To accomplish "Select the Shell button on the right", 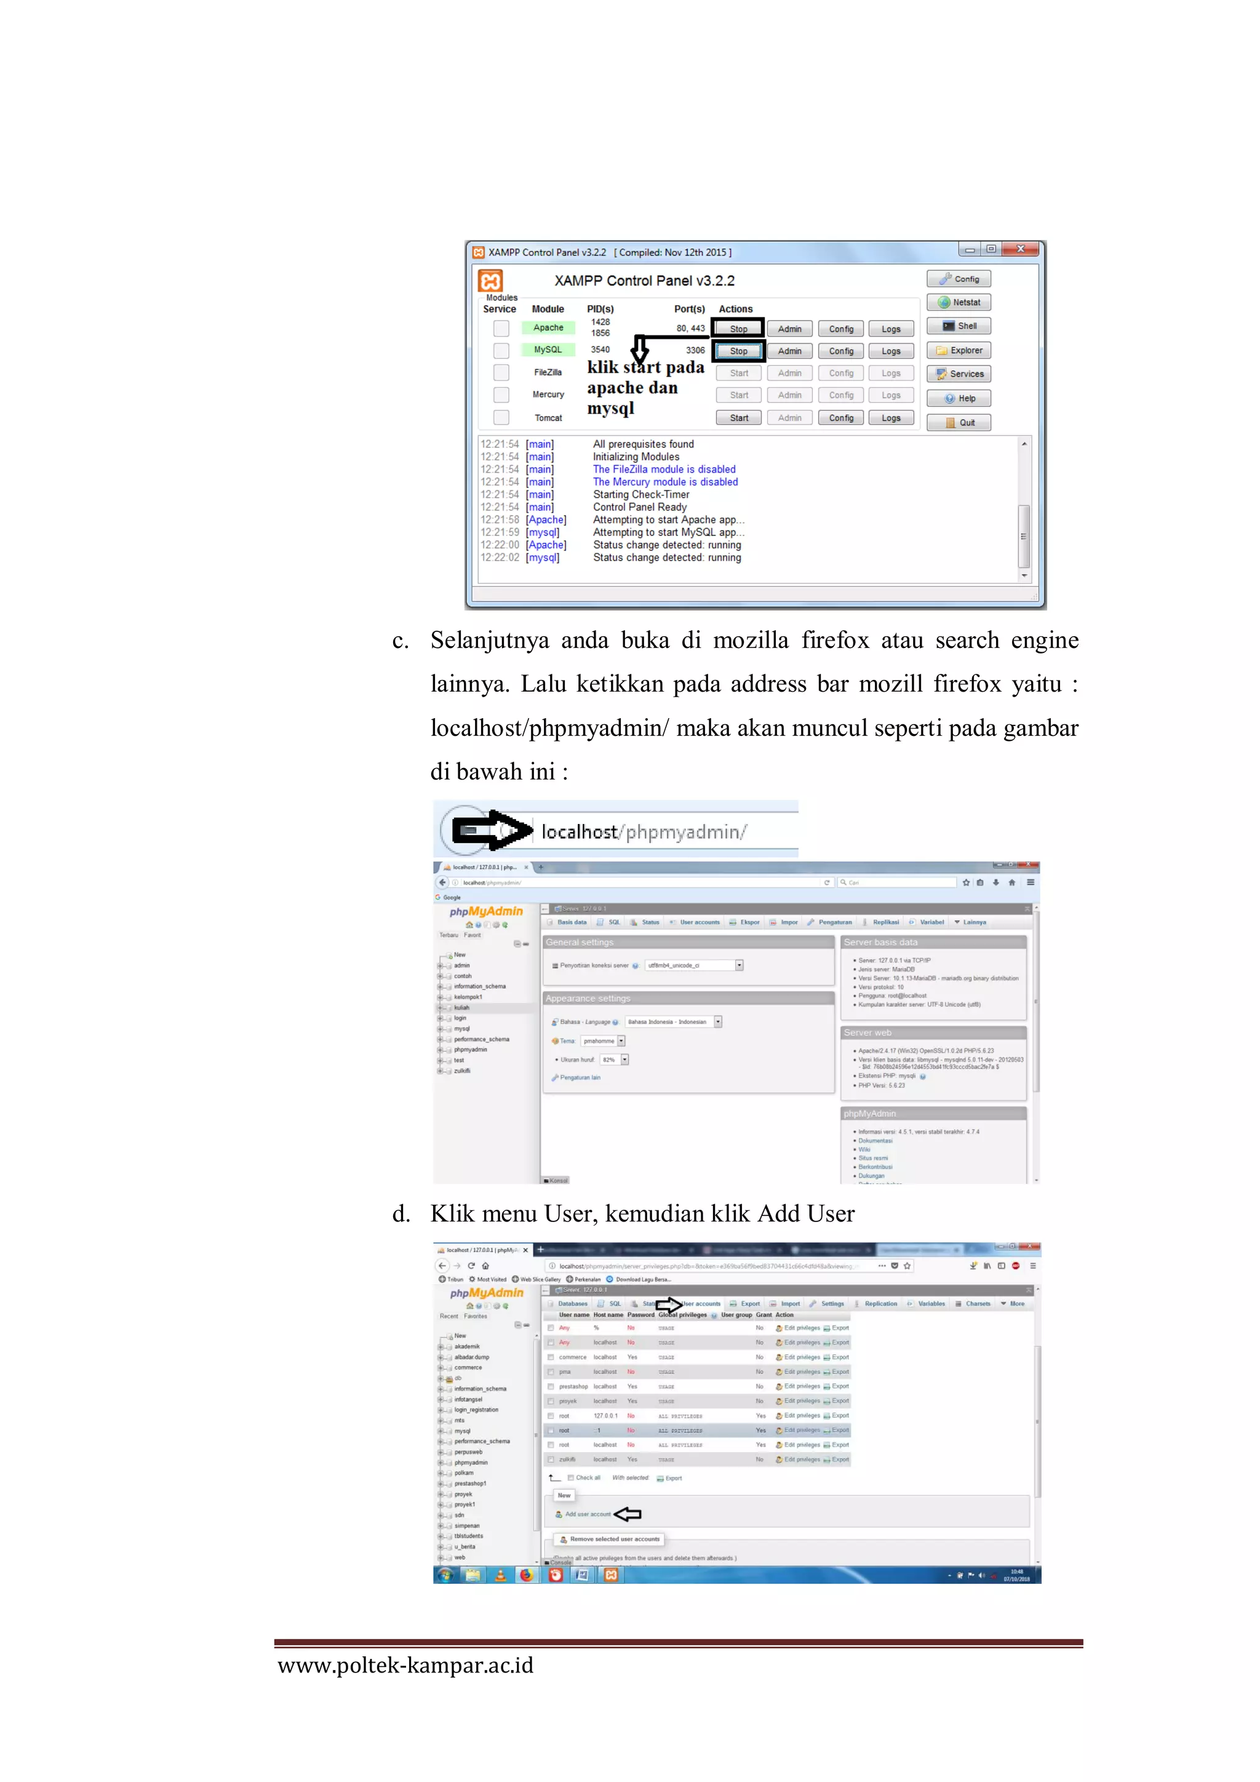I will pos(959,326).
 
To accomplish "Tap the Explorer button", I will pos(959,350).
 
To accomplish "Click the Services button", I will pos(959,374).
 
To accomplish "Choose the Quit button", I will pos(959,423).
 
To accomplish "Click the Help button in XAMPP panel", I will pos(959,398).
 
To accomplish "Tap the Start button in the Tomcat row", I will pos(739,418).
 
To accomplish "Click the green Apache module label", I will pos(548,327).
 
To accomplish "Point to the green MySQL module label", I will pos(548,350).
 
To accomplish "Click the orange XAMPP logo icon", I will pos(490,280).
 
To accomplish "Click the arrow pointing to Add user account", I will pos(628,1514).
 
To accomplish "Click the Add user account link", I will pos(588,1514).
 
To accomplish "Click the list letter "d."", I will pos(401,1214).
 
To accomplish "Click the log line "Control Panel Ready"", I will pos(639,507).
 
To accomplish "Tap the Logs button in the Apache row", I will pos(891,329).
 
